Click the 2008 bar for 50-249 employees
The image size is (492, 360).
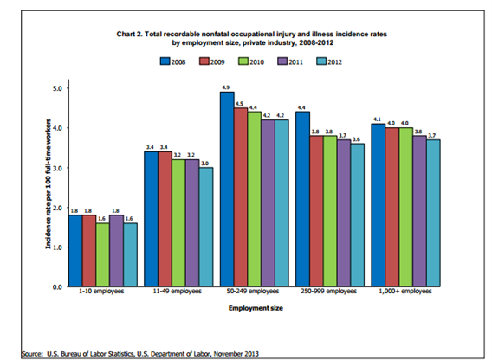(x=227, y=190)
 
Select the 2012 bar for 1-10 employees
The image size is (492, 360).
(x=130, y=254)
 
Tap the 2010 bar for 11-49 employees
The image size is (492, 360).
(x=178, y=223)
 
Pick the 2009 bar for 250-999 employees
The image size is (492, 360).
(x=316, y=211)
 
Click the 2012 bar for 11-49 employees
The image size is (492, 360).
(x=206, y=227)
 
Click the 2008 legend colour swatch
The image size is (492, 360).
(x=165, y=61)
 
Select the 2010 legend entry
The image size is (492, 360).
(x=251, y=61)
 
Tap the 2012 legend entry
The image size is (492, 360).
(x=329, y=61)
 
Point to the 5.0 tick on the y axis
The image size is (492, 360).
(x=58, y=88)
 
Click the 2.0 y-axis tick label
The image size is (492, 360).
(x=58, y=208)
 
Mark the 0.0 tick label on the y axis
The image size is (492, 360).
(x=58, y=287)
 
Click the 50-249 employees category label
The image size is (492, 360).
(x=253, y=292)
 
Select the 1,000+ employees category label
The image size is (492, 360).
(x=405, y=292)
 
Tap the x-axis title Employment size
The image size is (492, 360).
(x=256, y=308)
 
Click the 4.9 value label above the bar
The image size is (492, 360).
(x=225, y=87)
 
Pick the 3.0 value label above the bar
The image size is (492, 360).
(x=204, y=164)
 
